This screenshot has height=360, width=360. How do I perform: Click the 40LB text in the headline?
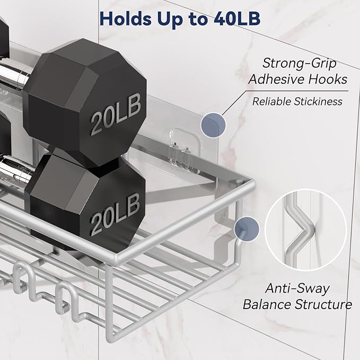237,19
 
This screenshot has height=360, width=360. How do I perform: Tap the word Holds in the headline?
126,19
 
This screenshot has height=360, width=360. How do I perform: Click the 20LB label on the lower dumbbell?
115,214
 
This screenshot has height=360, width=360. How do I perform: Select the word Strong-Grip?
299,63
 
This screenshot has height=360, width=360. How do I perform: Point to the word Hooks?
328,79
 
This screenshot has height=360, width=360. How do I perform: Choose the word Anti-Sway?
297,288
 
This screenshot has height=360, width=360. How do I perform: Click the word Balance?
267,304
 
